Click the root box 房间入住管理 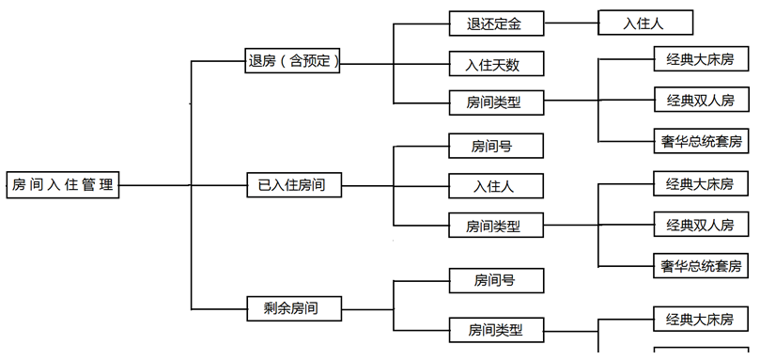point(62,185)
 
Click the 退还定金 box point(495,23)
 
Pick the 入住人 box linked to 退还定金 point(644,23)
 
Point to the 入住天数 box point(495,64)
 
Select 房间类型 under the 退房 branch point(495,102)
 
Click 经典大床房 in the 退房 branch point(701,59)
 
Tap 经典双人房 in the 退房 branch point(701,100)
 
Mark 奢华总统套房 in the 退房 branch point(701,141)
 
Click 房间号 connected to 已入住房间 point(495,146)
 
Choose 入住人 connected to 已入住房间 point(495,186)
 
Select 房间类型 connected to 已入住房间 point(495,225)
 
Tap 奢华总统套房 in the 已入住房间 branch point(701,265)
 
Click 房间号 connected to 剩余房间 point(495,279)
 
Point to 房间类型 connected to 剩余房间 point(495,330)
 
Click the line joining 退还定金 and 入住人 point(570,23)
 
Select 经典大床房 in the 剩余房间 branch point(701,320)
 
